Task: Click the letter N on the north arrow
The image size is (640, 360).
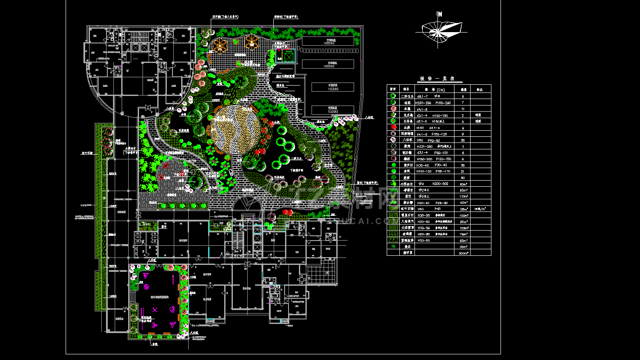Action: point(440,14)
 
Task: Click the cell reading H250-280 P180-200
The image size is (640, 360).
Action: point(433,103)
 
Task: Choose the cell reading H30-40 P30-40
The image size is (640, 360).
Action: point(431,165)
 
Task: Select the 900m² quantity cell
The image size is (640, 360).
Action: point(463,253)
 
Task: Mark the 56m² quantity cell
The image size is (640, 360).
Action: point(463,209)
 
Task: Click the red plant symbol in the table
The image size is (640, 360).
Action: point(393,128)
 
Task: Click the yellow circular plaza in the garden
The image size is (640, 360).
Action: point(235,129)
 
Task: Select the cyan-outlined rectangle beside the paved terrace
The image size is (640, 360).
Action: point(285,56)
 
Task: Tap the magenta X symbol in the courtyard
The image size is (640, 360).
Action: point(155,310)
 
